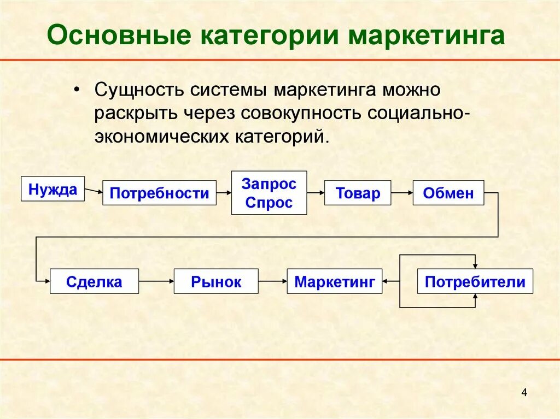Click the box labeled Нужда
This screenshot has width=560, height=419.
pos(53,189)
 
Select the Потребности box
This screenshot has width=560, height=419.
pos(159,193)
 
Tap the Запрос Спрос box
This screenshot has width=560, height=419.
pos(269,192)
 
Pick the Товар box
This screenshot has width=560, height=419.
pos(358,193)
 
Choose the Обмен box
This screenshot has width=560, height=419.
pos(448,193)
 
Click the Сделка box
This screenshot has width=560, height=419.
pos(94,282)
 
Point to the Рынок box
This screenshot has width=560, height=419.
pos(216,282)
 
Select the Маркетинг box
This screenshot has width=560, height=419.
pos(334,282)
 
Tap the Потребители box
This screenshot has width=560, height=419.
pos(475,282)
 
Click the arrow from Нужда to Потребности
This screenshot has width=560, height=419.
pos(94,191)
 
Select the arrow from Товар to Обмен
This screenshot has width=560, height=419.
pos(402,193)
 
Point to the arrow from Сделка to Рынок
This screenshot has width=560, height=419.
pos(156,282)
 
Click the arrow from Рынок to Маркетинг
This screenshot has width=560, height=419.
pos(272,282)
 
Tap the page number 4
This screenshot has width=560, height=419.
pos(524,393)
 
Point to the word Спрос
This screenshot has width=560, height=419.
pos(269,203)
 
